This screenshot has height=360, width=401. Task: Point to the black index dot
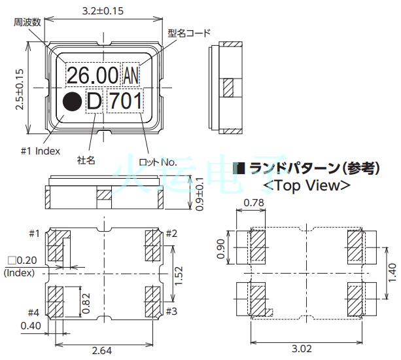click(72, 102)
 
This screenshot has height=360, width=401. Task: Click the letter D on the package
click(95, 102)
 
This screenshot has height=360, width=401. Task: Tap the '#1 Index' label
click(39, 151)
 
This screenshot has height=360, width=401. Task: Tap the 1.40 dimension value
click(391, 269)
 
